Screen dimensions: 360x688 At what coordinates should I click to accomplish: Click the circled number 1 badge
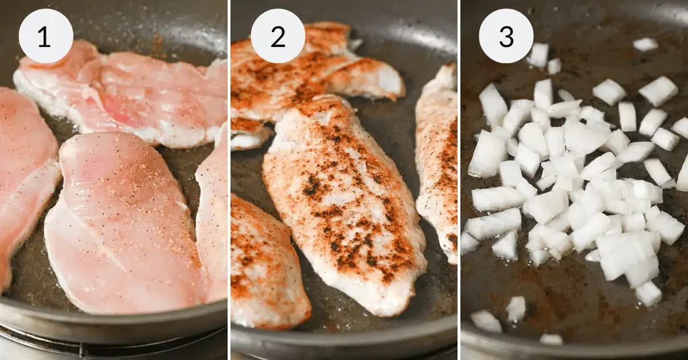(46, 36)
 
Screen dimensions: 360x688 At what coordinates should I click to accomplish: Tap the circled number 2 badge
(277, 36)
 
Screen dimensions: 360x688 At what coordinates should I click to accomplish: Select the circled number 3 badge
(506, 36)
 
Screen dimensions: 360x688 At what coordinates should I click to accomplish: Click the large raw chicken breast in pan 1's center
(123, 224)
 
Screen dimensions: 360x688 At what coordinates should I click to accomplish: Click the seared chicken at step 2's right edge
(439, 161)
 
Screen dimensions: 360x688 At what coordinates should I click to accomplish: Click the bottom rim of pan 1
(115, 321)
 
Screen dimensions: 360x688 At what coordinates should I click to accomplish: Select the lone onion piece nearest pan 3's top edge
(646, 44)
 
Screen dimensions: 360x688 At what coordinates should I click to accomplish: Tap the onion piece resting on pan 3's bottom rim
(551, 339)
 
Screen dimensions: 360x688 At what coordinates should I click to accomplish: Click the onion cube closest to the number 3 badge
(538, 54)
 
